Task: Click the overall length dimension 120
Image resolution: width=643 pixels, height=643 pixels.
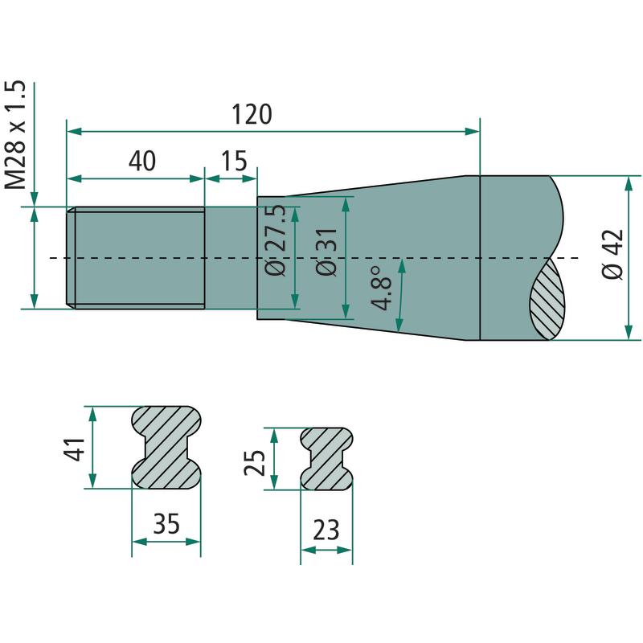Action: [252, 114]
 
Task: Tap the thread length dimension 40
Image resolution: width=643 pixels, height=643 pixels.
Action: [142, 161]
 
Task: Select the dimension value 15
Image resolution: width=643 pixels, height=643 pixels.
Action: [234, 161]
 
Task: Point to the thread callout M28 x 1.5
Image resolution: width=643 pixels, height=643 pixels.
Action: [15, 134]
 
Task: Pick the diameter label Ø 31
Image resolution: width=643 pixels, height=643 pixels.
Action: [326, 252]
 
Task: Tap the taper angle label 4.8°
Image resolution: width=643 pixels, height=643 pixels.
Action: [381, 289]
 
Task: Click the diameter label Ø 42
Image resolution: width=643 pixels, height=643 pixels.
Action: [612, 254]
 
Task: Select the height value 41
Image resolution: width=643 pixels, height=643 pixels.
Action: [74, 449]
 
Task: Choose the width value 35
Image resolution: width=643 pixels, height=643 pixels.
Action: [166, 523]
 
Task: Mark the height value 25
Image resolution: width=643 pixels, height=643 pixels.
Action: [254, 463]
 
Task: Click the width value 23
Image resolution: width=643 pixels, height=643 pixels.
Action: [326, 530]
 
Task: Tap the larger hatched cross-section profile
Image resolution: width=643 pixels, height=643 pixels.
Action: [166, 448]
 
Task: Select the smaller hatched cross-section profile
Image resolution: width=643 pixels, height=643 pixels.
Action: [326, 459]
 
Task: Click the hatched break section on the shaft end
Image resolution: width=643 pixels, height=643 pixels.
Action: [547, 298]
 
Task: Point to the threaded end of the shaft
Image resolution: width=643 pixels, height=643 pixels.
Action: [136, 258]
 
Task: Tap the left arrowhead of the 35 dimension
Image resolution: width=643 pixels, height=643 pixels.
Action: [139, 542]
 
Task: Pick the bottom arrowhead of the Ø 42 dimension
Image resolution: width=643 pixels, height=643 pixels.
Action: [629, 332]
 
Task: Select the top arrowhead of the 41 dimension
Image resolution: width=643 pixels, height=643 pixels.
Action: [92, 415]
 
